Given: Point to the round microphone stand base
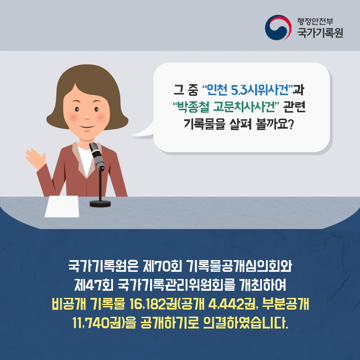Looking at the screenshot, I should pos(100,203).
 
